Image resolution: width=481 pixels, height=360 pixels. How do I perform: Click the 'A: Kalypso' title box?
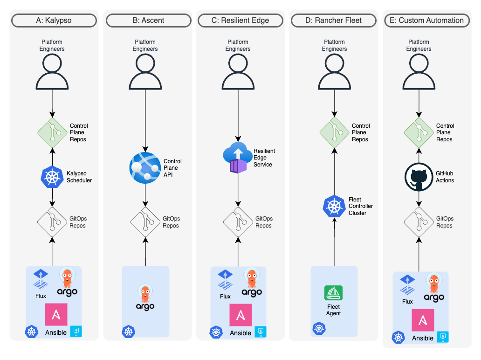click(x=54, y=21)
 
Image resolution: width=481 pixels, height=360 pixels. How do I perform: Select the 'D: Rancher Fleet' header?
click(x=334, y=21)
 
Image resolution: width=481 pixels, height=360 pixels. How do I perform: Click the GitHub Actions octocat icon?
click(x=419, y=177)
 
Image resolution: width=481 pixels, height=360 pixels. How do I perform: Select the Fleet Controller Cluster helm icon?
click(x=334, y=206)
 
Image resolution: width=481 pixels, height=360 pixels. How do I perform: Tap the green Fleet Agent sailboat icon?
click(x=333, y=293)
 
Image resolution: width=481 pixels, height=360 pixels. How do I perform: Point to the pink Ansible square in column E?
click(x=423, y=320)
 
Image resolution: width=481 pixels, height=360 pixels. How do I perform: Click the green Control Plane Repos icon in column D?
click(x=334, y=132)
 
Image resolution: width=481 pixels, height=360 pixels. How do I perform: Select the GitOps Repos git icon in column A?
click(x=52, y=222)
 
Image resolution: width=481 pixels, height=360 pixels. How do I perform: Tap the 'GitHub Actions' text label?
click(x=445, y=177)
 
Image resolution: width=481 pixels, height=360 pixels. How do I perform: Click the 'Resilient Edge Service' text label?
click(x=264, y=158)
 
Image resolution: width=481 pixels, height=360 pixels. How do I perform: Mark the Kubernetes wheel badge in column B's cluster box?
click(x=128, y=332)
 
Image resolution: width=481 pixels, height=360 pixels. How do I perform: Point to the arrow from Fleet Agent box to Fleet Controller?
click(x=334, y=242)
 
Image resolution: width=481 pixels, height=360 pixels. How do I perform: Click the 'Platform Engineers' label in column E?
click(x=419, y=45)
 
